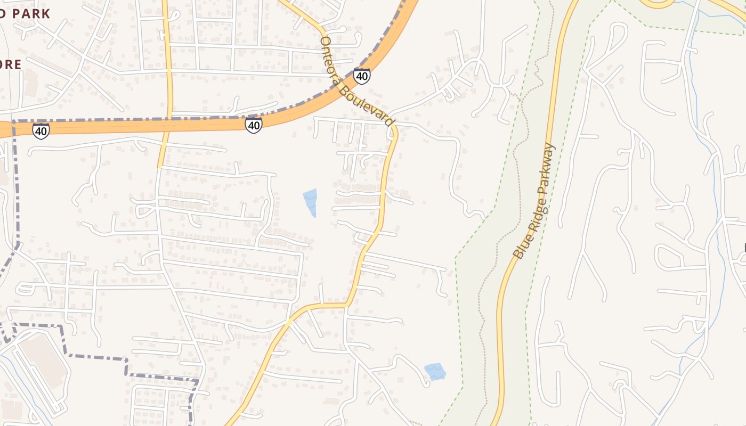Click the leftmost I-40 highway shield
click(x=41, y=130)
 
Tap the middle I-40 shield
click(x=254, y=125)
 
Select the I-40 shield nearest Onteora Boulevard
click(x=362, y=76)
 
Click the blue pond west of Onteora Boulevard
click(x=310, y=201)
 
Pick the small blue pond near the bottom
click(x=435, y=371)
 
